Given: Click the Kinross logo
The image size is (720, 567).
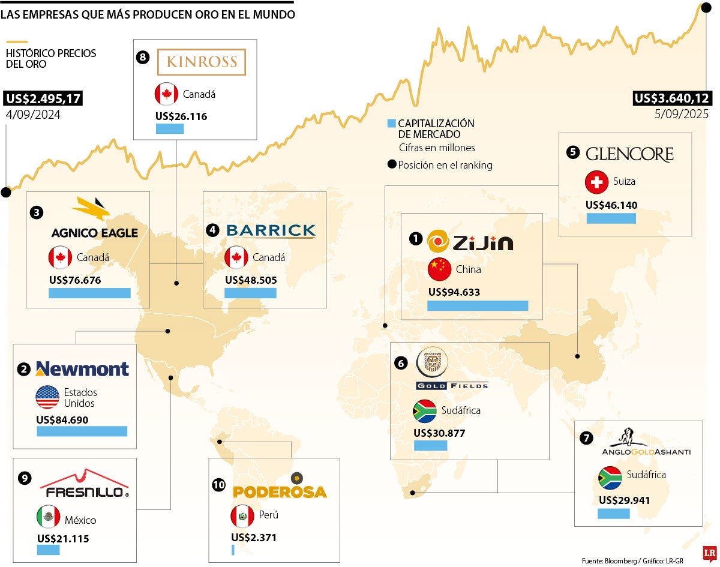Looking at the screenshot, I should pyautogui.click(x=202, y=62).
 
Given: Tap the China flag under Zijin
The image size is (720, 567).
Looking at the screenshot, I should pyautogui.click(x=439, y=269).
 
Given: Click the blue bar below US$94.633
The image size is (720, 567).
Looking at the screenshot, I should pyautogui.click(x=478, y=305).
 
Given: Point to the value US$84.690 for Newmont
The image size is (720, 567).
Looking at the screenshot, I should pyautogui.click(x=62, y=419).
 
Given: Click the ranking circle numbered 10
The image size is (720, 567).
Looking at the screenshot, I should pyautogui.click(x=219, y=484).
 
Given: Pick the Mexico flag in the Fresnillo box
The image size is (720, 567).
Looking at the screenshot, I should pyautogui.click(x=48, y=517).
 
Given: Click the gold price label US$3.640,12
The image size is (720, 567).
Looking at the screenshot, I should pyautogui.click(x=671, y=98).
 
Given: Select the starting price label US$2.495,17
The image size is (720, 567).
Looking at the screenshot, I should pyautogui.click(x=43, y=98).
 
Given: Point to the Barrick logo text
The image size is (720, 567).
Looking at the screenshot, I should pyautogui.click(x=271, y=230).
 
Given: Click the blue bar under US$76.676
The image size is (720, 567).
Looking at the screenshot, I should pyautogui.click(x=89, y=293).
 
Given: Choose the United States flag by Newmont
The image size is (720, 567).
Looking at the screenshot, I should pyautogui.click(x=47, y=397).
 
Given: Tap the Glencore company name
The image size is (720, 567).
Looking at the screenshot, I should pyautogui.click(x=629, y=154).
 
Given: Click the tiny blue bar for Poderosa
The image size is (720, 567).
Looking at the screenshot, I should pyautogui.click(x=233, y=550).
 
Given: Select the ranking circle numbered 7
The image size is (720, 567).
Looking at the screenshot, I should pyautogui.click(x=587, y=438).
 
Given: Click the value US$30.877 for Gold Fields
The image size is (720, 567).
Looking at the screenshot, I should pyautogui.click(x=439, y=433).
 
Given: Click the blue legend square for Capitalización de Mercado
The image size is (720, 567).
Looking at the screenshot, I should pyautogui.click(x=392, y=124).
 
